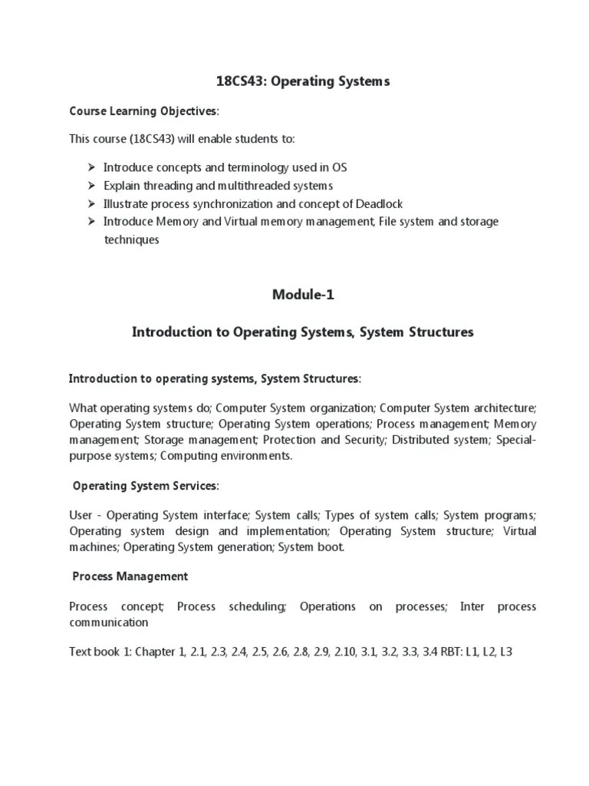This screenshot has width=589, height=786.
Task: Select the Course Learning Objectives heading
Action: (x=143, y=111)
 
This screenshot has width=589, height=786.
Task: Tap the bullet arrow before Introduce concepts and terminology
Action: (x=89, y=167)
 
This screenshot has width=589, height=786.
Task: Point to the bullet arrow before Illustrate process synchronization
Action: (x=89, y=203)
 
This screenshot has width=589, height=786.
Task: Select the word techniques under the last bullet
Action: (x=131, y=239)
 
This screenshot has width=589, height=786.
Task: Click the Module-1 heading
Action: (x=303, y=294)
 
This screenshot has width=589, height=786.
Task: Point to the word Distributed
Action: (x=423, y=440)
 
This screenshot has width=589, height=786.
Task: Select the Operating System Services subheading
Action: (x=145, y=486)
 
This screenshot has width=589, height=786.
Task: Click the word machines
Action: (x=93, y=547)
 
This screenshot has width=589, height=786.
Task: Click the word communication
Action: (x=108, y=623)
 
